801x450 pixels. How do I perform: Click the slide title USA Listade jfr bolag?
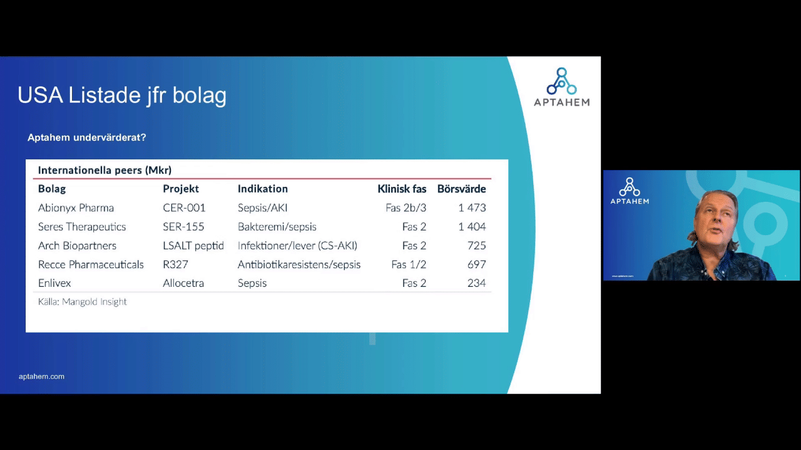click(122, 96)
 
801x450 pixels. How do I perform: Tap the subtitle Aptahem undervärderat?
click(87, 137)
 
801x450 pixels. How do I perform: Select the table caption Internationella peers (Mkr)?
click(105, 170)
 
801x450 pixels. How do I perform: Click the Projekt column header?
click(181, 189)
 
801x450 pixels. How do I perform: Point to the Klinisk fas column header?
click(402, 189)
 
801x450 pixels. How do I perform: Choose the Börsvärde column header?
click(462, 189)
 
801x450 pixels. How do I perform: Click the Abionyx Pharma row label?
click(76, 208)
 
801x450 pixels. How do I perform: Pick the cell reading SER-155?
click(183, 227)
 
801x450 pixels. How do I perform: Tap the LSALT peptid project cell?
click(193, 246)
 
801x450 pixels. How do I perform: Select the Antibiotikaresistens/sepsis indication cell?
click(299, 264)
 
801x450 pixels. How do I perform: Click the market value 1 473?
click(472, 208)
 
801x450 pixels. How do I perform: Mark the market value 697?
click(477, 264)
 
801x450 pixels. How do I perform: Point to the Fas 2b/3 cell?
click(406, 208)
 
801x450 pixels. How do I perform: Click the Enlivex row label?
click(54, 283)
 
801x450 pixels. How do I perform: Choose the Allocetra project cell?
click(183, 283)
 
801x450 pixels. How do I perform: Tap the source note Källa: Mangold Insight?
click(82, 302)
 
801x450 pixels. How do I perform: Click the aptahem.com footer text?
click(41, 376)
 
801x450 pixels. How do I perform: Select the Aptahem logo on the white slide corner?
click(562, 87)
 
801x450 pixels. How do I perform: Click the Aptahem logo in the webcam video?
click(630, 191)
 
